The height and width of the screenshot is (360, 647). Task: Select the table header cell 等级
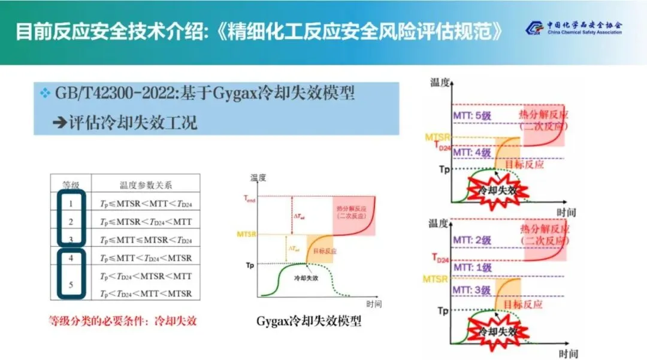(71, 185)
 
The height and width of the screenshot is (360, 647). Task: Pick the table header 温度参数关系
(146, 185)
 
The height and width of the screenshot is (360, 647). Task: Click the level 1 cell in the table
(71, 204)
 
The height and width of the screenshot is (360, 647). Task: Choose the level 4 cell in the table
(71, 258)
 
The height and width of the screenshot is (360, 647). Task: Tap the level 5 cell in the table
(71, 285)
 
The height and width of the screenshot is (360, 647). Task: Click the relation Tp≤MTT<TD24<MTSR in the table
(146, 258)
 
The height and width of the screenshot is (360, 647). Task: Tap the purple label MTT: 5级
(472, 114)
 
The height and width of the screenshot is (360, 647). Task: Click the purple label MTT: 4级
(472, 152)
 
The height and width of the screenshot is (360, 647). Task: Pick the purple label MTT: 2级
(472, 240)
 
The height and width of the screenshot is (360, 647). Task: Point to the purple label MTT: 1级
(472, 268)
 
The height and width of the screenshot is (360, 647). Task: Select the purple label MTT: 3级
(472, 291)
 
